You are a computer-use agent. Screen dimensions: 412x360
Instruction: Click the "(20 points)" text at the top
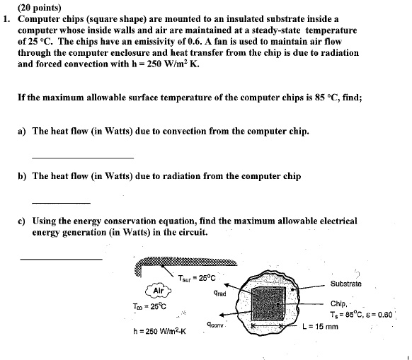point(26,6)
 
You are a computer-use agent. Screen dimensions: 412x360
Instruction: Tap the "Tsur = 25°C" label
point(196,277)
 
